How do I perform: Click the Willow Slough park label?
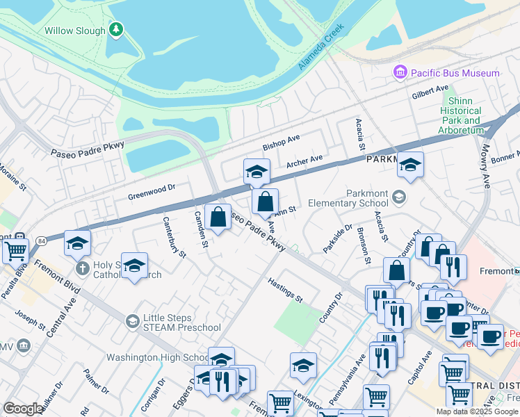click(74, 31)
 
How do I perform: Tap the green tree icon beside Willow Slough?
click(117, 30)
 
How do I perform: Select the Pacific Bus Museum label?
click(454, 73)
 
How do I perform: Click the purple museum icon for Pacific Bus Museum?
click(400, 72)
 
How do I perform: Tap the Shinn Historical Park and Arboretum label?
click(460, 115)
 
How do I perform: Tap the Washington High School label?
click(156, 358)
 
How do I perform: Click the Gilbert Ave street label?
click(430, 91)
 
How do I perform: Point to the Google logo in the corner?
click(23, 409)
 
